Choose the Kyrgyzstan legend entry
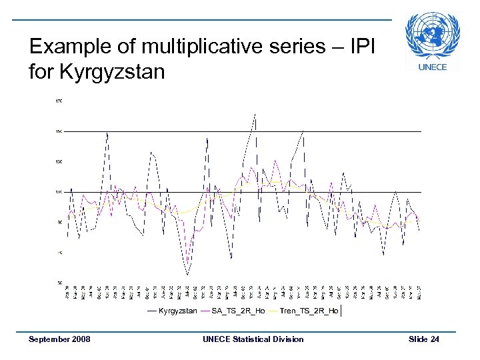click(177, 311)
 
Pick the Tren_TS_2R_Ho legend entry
click(309, 311)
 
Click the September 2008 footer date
click(59, 339)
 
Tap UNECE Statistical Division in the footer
click(253, 339)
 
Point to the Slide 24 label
click(424, 339)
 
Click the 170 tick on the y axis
click(59, 101)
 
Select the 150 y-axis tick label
click(59, 131)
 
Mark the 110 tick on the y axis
click(59, 192)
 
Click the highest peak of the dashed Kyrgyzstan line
click(255, 114)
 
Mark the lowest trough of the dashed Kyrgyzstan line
click(188, 275)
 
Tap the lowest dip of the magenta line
click(189, 261)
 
